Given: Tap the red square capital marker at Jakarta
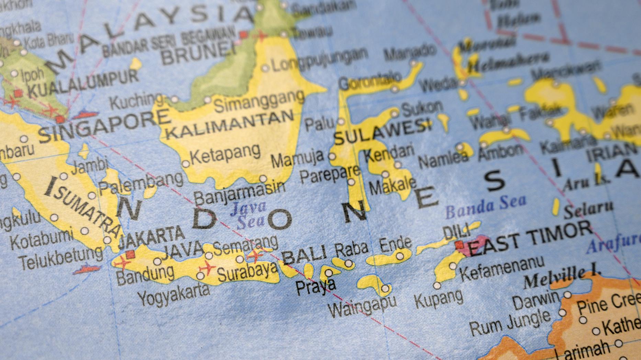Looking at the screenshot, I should click(x=130, y=254).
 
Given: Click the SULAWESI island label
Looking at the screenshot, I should click(x=382, y=132).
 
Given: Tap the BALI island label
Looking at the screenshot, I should click(x=304, y=255).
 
